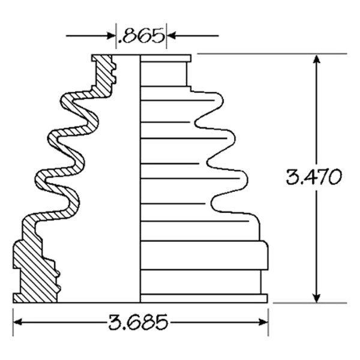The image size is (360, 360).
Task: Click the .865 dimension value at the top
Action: [142, 36]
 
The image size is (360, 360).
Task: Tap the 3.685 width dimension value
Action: [140, 323]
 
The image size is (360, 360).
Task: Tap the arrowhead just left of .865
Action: [110, 36]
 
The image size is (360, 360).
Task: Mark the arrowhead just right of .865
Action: [172, 36]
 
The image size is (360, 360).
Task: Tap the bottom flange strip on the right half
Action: [204, 298]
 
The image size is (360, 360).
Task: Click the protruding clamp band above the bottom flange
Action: [204, 256]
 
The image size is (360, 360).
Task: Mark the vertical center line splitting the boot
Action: [139, 180]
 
